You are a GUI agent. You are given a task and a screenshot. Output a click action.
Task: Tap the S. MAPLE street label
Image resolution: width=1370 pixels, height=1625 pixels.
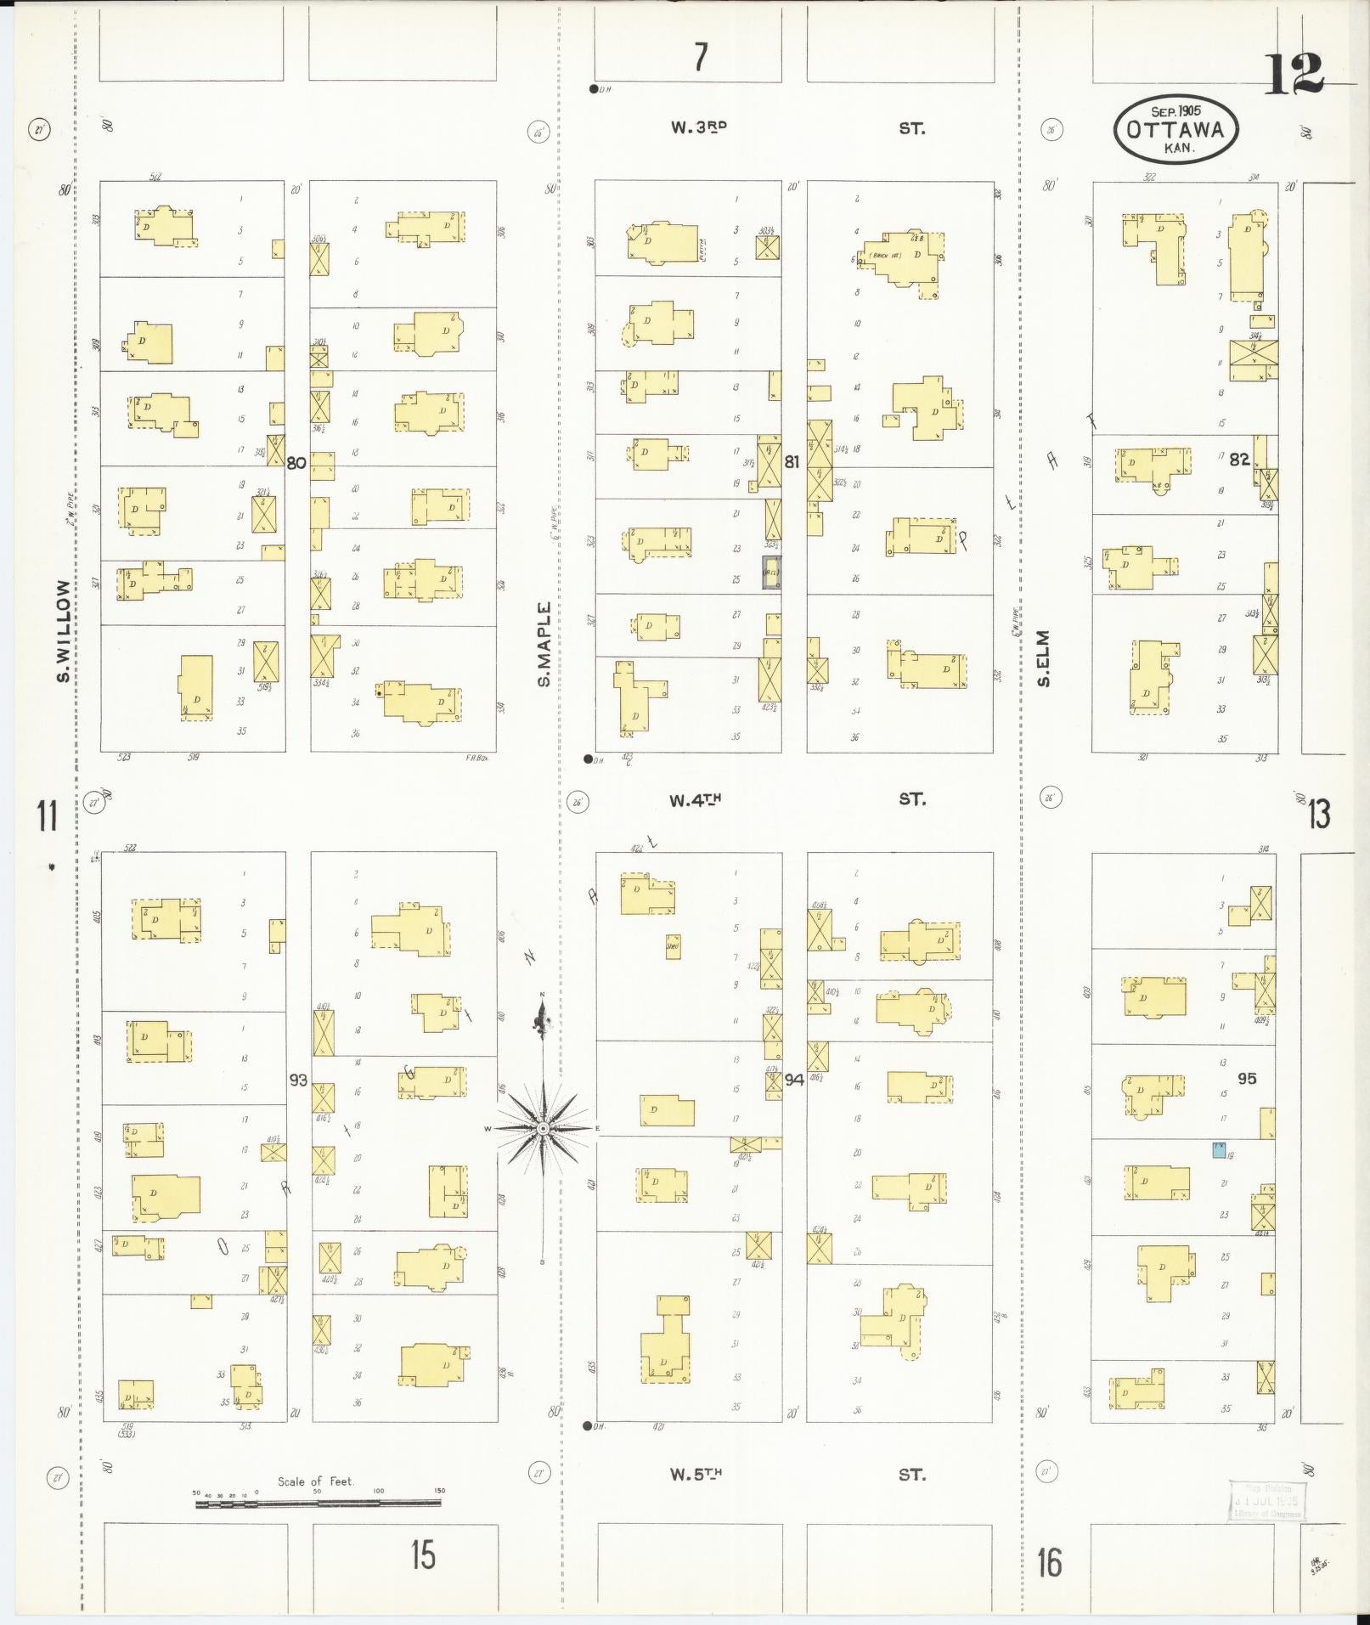[544, 643]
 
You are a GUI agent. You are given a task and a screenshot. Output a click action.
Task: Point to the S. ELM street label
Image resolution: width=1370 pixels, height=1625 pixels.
[1044, 658]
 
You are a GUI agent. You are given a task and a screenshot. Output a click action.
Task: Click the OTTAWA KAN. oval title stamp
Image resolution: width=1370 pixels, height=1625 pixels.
[1175, 129]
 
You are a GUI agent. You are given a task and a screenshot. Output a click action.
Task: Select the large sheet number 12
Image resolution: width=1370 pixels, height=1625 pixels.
[1294, 75]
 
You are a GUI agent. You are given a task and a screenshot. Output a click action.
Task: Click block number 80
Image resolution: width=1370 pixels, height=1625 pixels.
[296, 463]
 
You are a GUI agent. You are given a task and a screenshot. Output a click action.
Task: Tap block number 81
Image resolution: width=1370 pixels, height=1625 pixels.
[792, 463]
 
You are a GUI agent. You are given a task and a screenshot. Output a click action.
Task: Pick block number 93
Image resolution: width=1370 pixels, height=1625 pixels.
[298, 1081]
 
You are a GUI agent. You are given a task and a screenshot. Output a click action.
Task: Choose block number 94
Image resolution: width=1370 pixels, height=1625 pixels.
[794, 1081]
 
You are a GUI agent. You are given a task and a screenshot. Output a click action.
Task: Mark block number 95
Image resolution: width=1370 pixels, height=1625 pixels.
[1247, 1079]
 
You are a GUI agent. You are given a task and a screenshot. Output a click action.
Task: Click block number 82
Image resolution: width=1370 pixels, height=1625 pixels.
[1240, 460]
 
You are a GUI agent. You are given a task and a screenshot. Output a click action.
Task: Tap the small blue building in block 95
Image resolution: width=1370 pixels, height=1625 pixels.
[1219, 1150]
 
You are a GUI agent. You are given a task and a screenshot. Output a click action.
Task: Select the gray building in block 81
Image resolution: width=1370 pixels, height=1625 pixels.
[771, 572]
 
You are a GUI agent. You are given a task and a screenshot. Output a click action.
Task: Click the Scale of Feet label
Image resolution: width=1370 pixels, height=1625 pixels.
[316, 1481]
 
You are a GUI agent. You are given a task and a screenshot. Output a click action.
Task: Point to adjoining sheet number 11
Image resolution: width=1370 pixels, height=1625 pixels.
[47, 815]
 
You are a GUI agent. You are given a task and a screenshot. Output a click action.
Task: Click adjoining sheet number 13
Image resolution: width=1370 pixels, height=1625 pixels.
[1319, 815]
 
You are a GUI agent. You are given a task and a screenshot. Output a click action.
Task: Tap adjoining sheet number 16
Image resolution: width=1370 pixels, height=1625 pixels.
[1050, 1561]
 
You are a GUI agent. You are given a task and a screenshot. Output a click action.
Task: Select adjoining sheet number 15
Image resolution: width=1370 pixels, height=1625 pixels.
[423, 1554]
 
